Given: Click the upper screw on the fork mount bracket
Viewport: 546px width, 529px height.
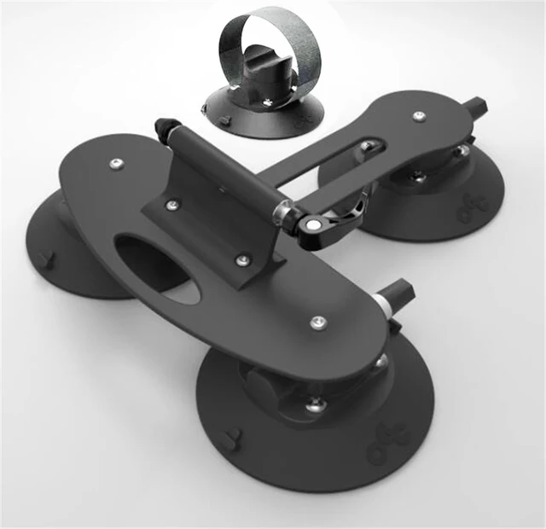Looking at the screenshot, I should pyautogui.click(x=173, y=205).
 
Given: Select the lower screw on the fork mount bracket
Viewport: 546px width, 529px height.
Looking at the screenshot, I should pyautogui.click(x=243, y=259).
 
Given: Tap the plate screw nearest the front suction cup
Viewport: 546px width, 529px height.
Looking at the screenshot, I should pyautogui.click(x=318, y=322).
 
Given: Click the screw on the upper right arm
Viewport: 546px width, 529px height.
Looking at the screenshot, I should pyautogui.click(x=419, y=115).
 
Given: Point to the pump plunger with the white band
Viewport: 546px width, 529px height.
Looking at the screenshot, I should pyautogui.click(x=394, y=300).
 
